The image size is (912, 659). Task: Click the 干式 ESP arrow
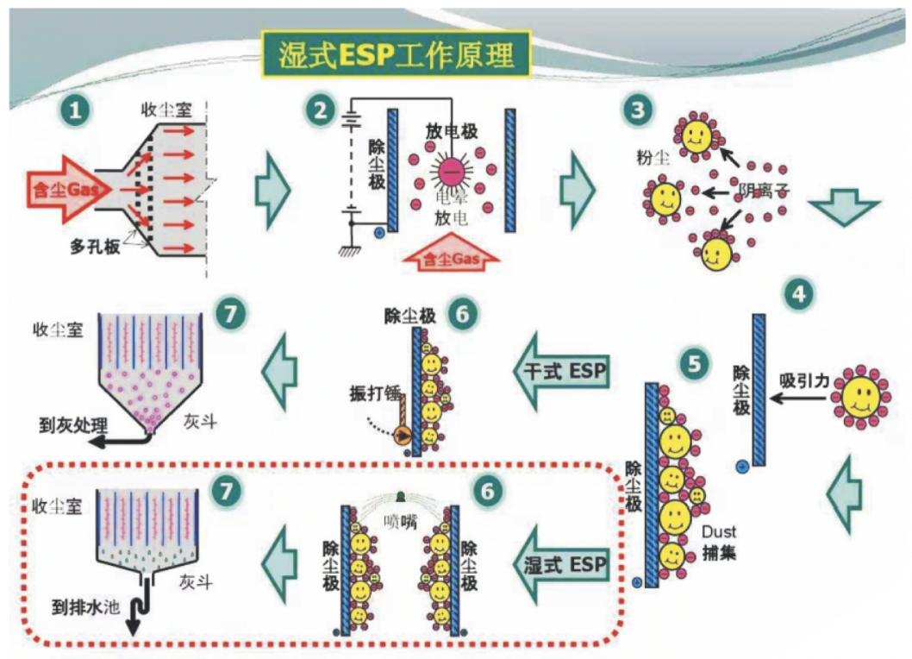point(565,371)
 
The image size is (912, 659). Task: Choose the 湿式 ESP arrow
point(565,566)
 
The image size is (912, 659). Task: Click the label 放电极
point(452,132)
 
